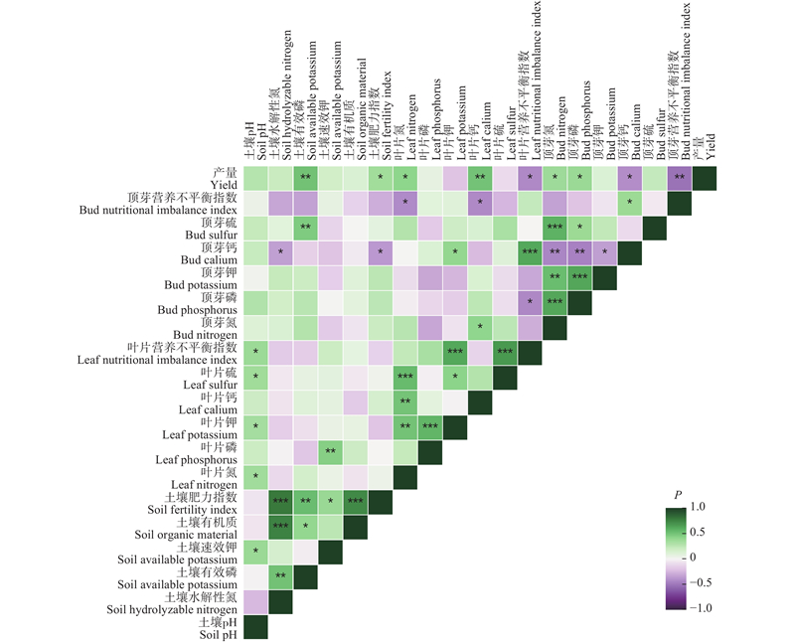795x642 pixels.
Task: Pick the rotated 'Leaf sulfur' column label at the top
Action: point(511,129)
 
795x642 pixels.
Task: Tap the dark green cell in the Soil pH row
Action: point(255,627)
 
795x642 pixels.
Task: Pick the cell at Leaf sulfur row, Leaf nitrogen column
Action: point(405,378)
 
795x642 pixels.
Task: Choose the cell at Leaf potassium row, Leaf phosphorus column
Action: point(430,427)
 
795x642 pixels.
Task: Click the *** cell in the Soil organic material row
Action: point(280,527)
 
